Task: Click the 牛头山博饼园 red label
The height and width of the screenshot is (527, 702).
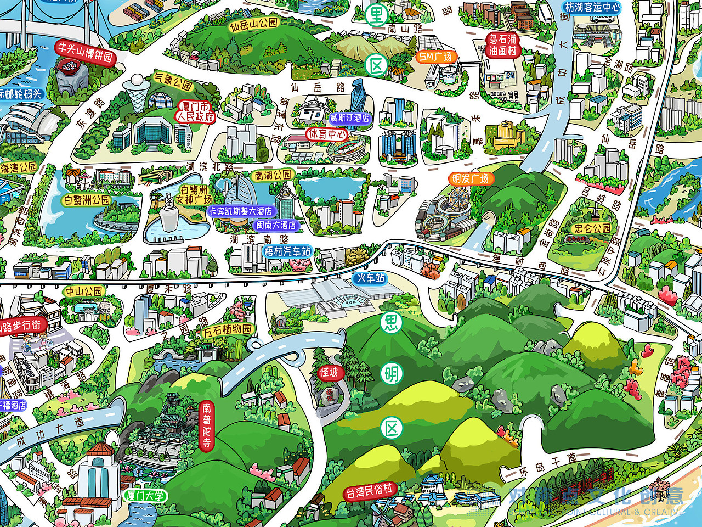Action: pyautogui.click(x=86, y=52)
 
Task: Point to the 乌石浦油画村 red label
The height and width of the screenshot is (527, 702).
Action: pyautogui.click(x=502, y=45)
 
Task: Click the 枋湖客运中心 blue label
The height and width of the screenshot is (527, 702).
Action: pyautogui.click(x=592, y=8)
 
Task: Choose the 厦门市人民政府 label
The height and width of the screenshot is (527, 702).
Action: pyautogui.click(x=195, y=111)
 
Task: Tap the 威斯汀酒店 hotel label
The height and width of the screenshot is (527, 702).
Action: pyautogui.click(x=349, y=118)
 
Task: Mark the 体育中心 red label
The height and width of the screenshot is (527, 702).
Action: pyautogui.click(x=327, y=133)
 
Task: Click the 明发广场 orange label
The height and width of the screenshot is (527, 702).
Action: pyautogui.click(x=469, y=179)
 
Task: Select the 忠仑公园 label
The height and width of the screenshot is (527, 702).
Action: pyautogui.click(x=592, y=228)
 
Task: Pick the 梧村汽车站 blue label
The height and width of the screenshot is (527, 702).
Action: pyautogui.click(x=287, y=251)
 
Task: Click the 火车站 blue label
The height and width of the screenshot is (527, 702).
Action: pyautogui.click(x=371, y=278)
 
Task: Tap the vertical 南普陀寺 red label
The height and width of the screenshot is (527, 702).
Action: pyautogui.click(x=206, y=425)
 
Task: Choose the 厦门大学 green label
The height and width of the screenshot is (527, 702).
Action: pyautogui.click(x=145, y=496)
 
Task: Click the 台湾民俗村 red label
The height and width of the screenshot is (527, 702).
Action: pyautogui.click(x=370, y=491)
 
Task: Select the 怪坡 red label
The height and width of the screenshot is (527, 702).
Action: pyautogui.click(x=329, y=373)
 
